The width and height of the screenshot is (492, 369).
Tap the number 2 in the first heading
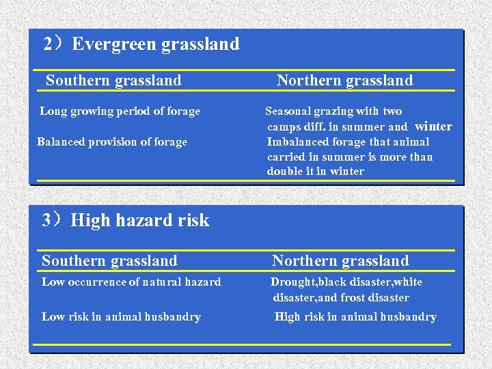click(x=48, y=44)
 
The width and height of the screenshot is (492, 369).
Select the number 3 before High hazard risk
click(x=46, y=220)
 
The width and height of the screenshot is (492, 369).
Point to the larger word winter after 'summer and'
click(x=433, y=126)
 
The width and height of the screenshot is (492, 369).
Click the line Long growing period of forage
click(x=120, y=111)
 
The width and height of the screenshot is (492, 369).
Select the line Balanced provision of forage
click(x=112, y=142)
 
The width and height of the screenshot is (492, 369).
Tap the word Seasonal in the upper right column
click(x=288, y=111)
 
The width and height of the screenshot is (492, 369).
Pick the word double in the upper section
click(x=282, y=172)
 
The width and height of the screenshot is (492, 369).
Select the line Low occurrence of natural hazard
click(x=131, y=282)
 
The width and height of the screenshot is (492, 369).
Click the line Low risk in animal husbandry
click(x=121, y=317)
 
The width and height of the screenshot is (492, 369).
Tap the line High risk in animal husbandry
click(x=355, y=317)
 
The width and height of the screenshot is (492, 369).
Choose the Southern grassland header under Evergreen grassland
click(x=113, y=81)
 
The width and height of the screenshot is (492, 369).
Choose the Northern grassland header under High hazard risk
click(x=340, y=261)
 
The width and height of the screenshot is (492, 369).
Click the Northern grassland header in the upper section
click(x=344, y=81)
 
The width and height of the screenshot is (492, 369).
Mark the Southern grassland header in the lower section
click(x=109, y=261)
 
